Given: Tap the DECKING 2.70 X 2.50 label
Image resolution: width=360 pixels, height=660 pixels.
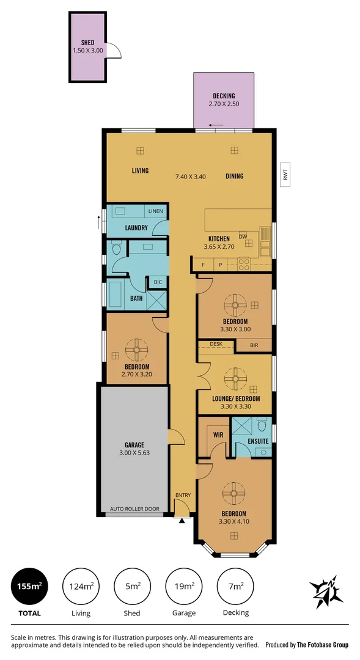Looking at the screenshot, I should [x=224, y=100].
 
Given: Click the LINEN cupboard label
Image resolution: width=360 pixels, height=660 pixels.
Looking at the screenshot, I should [x=155, y=211].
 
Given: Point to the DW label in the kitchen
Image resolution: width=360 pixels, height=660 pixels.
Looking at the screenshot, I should [x=243, y=236].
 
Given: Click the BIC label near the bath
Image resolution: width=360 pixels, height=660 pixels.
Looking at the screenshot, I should [x=158, y=282].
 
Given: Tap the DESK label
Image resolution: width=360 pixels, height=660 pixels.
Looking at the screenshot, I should [x=216, y=344].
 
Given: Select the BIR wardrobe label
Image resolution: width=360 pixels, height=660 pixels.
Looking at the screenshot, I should [x=253, y=346].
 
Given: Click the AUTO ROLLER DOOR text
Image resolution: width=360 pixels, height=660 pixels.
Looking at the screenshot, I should [x=134, y=508].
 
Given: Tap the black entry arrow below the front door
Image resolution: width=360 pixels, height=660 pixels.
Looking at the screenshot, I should [x=181, y=521].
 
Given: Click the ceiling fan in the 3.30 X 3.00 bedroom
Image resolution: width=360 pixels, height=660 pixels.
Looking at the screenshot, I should [x=235, y=304].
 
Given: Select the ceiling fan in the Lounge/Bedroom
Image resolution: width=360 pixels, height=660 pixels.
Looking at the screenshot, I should [x=235, y=379].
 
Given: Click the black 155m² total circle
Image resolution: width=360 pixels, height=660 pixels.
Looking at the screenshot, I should [x=28, y=587].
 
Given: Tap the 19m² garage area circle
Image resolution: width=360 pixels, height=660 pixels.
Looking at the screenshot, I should [x=184, y=587].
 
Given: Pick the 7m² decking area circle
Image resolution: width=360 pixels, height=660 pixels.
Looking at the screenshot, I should [x=235, y=587].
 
